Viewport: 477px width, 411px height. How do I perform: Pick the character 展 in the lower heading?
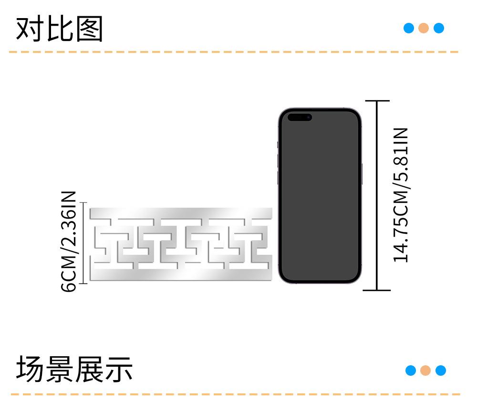[x=90, y=370]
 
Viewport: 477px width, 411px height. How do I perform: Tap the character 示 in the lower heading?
[x=119, y=370]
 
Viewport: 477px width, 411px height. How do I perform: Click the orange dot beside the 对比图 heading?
[x=424, y=28]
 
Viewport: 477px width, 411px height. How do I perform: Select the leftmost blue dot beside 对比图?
[x=409, y=28]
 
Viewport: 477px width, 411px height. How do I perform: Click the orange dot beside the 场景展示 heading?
[x=425, y=371]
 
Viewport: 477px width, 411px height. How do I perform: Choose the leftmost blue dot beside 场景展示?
[x=411, y=371]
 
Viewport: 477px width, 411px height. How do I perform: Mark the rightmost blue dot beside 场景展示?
[x=441, y=371]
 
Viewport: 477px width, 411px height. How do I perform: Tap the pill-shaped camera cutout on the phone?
[x=300, y=117]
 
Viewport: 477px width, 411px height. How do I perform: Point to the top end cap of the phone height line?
[x=377, y=101]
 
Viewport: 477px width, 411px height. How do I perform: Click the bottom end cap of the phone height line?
[x=377, y=290]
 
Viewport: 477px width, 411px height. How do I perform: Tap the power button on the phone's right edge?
[x=362, y=174]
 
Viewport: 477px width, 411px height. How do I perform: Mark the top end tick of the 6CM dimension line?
[x=83, y=203]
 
